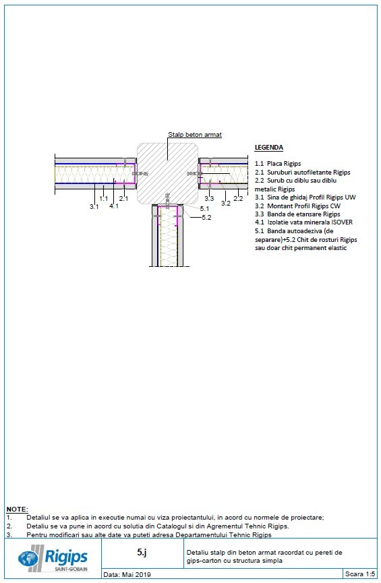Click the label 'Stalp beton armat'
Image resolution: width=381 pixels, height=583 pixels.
(x=194, y=135)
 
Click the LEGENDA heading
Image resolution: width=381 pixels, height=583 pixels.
(x=269, y=148)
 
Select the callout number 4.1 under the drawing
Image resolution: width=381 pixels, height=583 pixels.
(x=114, y=206)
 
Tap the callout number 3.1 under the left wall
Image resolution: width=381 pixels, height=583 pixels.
(x=94, y=206)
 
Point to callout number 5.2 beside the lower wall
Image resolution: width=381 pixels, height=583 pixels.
(x=206, y=218)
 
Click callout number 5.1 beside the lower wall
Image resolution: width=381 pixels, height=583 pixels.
(x=205, y=209)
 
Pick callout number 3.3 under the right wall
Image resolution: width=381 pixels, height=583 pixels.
(x=209, y=199)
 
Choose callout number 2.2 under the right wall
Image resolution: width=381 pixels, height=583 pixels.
(x=238, y=199)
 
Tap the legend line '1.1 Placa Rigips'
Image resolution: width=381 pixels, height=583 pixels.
(x=278, y=164)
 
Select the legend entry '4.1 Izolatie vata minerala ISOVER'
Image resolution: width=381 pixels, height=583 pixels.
(x=303, y=222)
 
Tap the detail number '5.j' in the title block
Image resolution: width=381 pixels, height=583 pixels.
(x=142, y=551)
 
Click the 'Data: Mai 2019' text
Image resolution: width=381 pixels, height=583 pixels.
(x=127, y=575)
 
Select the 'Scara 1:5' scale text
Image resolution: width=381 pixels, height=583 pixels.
(x=359, y=575)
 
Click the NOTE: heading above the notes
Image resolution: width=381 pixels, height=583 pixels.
(x=17, y=509)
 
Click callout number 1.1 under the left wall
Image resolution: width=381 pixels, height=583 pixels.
(x=103, y=199)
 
